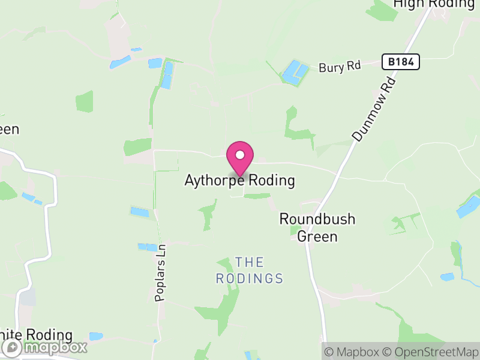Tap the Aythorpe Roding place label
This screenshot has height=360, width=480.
coord(240,181)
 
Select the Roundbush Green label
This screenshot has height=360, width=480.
coord(317,228)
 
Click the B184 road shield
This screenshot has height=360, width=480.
coord(400,61)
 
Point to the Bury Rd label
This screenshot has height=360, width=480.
coord(340,67)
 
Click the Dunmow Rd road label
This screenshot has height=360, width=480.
coord(375,109)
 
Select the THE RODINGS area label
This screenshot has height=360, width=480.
coord(249,270)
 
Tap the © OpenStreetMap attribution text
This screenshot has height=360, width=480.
coord(431,352)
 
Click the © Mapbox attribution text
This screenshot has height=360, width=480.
coord(353,352)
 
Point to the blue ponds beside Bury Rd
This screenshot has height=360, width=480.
coord(295,72)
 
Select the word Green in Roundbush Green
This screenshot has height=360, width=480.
coord(317,236)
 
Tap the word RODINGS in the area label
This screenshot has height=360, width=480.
coord(249,278)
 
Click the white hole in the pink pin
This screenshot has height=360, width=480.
coord(240,155)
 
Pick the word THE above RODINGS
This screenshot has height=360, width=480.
coord(249,262)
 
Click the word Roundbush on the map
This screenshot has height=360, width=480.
coord(317,220)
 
